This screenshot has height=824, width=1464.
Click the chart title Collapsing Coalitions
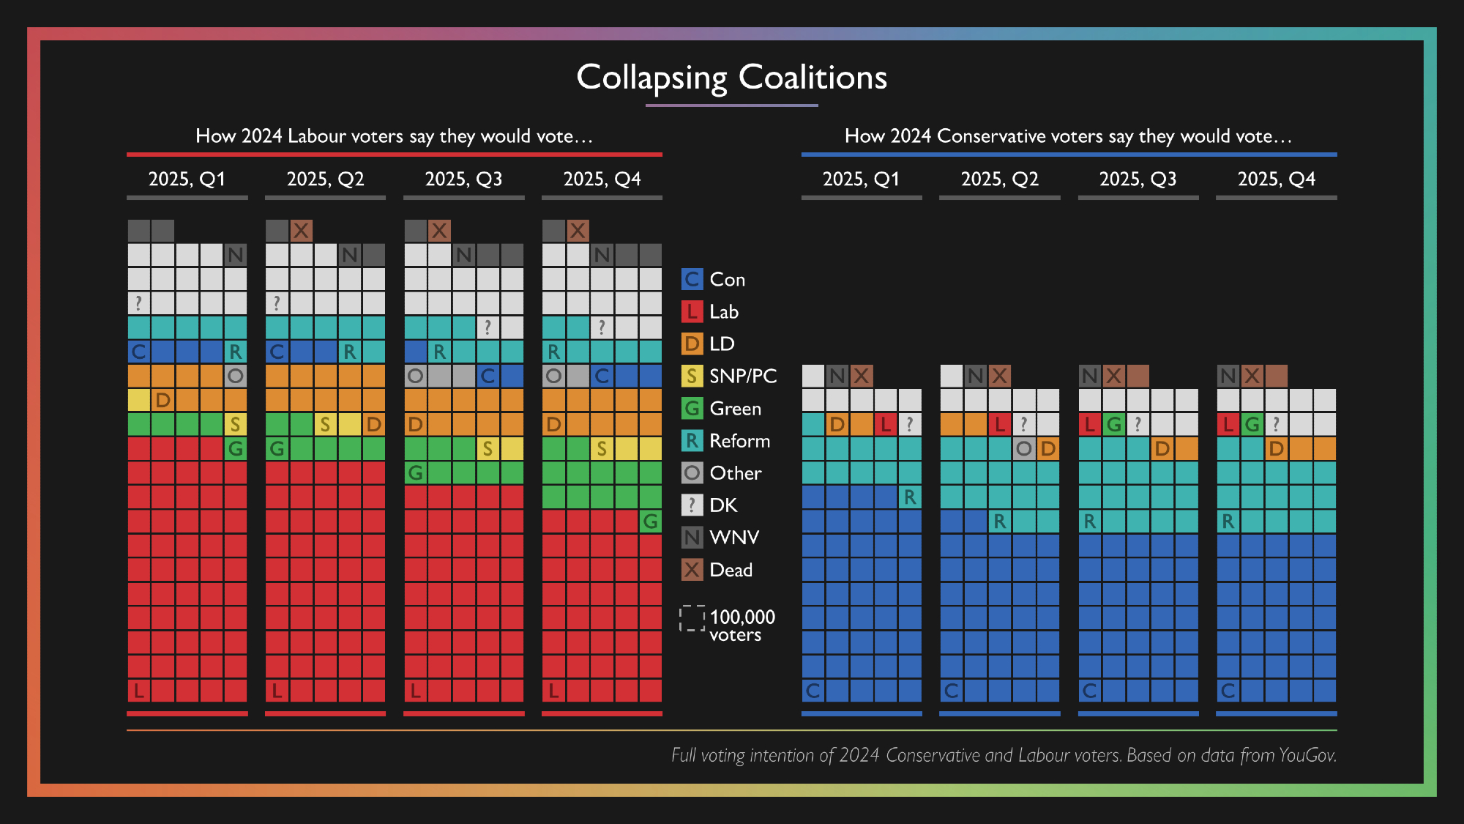(x=731, y=78)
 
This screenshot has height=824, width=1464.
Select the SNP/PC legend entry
(x=729, y=376)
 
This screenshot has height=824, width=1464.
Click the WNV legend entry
(x=720, y=538)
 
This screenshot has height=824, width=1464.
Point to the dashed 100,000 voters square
(x=692, y=618)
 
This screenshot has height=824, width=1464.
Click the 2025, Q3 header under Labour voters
(x=463, y=179)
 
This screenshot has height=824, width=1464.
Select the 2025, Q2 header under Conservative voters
(x=999, y=179)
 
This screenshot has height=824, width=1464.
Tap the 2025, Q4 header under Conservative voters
(x=1276, y=179)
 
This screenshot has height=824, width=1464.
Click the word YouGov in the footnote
(x=1307, y=755)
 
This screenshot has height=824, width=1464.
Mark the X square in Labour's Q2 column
(x=301, y=231)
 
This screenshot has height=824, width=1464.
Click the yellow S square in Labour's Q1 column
(x=235, y=424)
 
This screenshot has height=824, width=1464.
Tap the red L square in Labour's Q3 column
(x=416, y=690)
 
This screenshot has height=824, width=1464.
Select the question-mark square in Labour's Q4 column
(x=602, y=327)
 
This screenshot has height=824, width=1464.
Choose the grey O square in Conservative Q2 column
(x=1024, y=448)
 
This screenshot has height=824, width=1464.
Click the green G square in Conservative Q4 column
(x=1252, y=424)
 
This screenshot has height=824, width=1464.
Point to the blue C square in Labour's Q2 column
(x=277, y=352)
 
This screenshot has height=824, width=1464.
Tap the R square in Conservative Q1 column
(x=910, y=497)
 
